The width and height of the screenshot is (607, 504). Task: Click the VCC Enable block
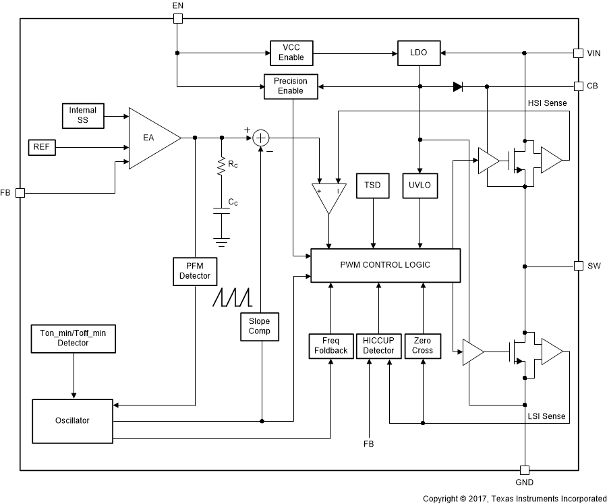tap(291, 52)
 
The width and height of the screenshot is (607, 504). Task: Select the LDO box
tap(419, 52)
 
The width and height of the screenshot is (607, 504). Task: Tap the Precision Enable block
tap(290, 86)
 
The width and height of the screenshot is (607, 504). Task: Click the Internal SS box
tap(83, 115)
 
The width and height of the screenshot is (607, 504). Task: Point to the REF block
tap(41, 146)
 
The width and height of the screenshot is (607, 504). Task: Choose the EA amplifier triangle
tap(152, 138)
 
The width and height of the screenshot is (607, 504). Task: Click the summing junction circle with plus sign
tap(260, 138)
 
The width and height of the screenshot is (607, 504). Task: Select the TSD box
tap(373, 186)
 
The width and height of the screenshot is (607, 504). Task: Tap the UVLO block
tap(420, 186)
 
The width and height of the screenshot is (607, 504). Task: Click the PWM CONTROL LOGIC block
tap(385, 264)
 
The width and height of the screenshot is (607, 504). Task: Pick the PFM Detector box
tap(194, 271)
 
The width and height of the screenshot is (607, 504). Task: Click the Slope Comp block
tap(260, 326)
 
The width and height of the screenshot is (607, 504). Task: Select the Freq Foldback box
tap(330, 345)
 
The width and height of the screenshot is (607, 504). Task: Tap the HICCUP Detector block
tap(378, 345)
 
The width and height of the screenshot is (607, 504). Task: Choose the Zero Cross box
tap(422, 345)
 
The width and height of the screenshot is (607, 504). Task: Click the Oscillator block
tap(72, 420)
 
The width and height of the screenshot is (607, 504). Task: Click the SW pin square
tap(578, 265)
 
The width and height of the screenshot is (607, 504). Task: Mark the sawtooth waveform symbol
tap(231, 298)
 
